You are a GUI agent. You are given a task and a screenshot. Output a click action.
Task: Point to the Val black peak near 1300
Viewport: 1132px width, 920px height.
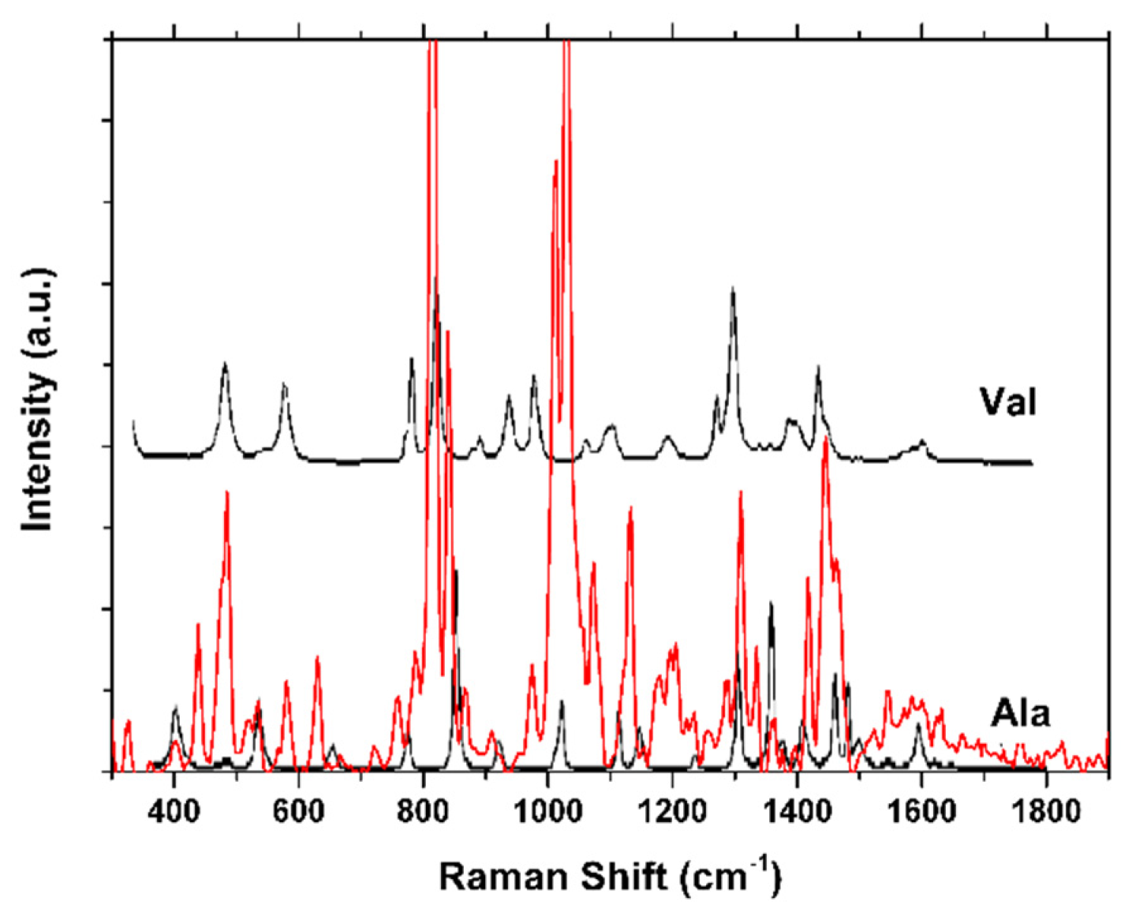tap(733, 290)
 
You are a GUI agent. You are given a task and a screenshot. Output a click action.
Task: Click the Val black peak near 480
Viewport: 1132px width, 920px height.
tap(225, 364)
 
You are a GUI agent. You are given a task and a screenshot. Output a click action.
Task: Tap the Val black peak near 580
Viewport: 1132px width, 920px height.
tap(285, 385)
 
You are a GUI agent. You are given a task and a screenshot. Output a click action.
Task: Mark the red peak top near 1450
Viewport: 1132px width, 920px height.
tap(824, 439)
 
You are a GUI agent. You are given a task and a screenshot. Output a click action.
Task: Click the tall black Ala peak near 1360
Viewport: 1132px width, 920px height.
tap(771, 604)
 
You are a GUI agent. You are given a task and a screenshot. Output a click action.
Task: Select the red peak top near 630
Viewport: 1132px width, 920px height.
tap(317, 658)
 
